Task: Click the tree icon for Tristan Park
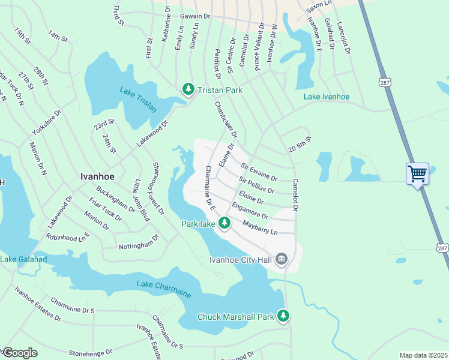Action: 188,89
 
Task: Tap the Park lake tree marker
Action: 224,224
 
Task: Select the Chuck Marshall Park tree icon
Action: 283,316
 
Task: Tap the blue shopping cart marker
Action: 417,174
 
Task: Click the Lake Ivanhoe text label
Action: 326,97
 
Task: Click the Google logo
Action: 19,353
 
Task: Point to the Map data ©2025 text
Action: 423,355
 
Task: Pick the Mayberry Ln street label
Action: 260,227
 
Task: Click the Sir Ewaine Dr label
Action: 259,171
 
